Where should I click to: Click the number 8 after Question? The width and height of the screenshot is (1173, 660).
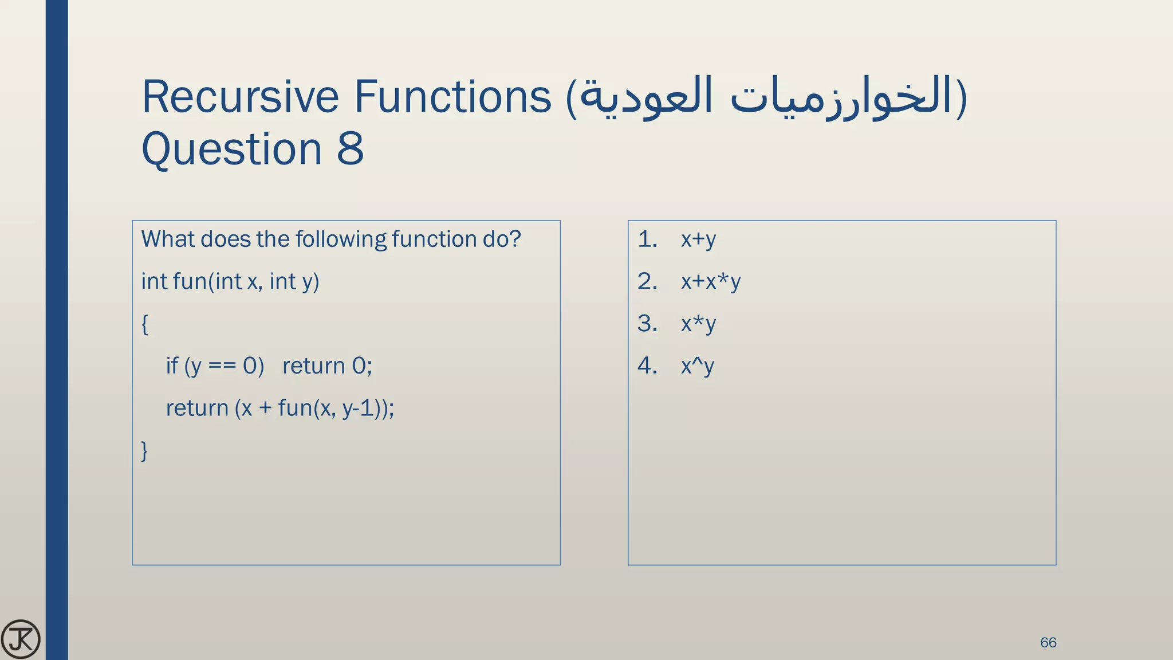coord(350,149)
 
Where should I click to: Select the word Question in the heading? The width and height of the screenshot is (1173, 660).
coord(232,149)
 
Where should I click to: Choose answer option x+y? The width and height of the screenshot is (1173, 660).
coord(698,239)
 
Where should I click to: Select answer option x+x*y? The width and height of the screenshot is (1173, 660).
coord(711,281)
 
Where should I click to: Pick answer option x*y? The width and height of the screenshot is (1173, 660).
coord(698,324)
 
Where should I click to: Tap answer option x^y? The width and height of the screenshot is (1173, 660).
coord(697,366)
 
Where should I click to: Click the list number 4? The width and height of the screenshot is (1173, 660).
coord(647,366)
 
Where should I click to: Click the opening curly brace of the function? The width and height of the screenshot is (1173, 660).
coord(145,324)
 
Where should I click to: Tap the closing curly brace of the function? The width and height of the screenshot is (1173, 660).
coord(145,450)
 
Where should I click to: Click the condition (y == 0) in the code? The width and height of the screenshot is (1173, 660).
coord(224,366)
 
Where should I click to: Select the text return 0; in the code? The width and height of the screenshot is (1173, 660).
coord(327,366)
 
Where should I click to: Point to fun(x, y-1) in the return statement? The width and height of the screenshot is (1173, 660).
coord(332,408)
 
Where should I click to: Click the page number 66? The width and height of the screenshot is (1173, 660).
coord(1048,642)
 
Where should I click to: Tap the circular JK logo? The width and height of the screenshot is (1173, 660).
coord(21,639)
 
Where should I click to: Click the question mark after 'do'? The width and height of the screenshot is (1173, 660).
coord(515,239)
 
